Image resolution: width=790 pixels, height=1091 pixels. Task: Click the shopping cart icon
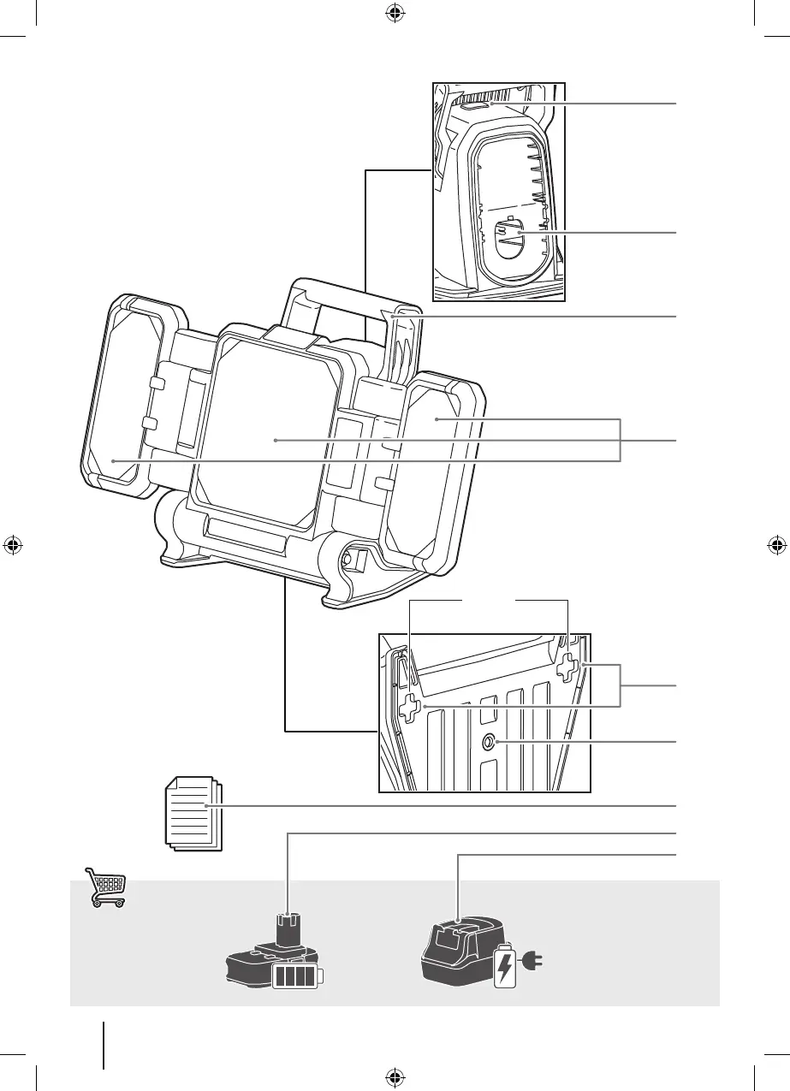pyautogui.click(x=105, y=886)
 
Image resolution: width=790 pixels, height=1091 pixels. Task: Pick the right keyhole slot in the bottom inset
pyautogui.click(x=567, y=667)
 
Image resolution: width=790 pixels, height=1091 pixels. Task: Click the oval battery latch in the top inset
pyautogui.click(x=508, y=235)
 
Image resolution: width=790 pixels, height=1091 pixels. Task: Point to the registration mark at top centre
pyautogui.click(x=395, y=13)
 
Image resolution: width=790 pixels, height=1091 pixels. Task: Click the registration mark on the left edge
pyautogui.click(x=13, y=545)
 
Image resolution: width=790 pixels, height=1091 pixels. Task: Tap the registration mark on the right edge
pyautogui.click(x=776, y=545)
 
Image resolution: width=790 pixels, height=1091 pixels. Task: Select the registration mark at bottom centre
pyautogui.click(x=395, y=1076)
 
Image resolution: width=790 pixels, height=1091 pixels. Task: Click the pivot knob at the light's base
pyautogui.click(x=350, y=560)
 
